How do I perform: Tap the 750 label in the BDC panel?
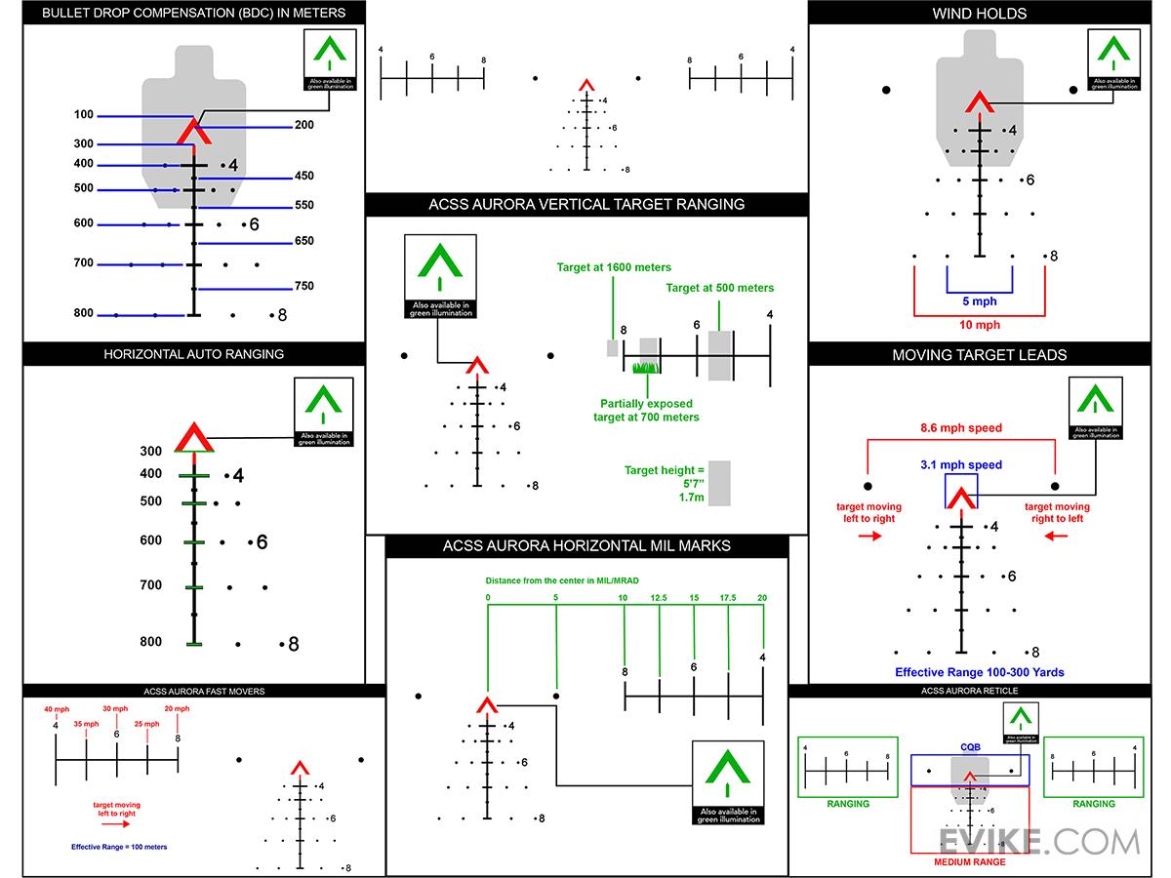point(304,286)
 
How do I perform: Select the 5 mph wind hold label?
point(980,301)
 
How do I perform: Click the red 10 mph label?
point(980,324)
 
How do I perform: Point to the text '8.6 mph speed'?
point(961,427)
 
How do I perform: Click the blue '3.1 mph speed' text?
point(961,464)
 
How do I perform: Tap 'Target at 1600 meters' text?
point(614,267)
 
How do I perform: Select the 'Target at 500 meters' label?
point(719,288)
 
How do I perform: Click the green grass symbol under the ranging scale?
point(645,368)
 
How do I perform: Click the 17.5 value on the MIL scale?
point(728,597)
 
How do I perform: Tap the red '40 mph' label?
point(57,709)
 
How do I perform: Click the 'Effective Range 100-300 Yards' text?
point(979,672)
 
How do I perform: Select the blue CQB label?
point(970,748)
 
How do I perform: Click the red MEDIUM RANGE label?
point(970,861)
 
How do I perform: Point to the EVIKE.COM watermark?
point(1038,841)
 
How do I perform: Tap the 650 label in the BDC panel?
point(304,241)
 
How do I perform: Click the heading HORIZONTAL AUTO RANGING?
point(193,354)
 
